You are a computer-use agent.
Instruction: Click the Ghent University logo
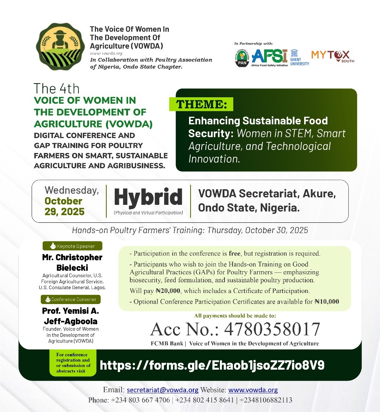(x=300, y=58)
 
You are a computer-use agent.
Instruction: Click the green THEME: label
(x=201, y=104)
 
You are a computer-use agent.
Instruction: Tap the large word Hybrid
(x=148, y=198)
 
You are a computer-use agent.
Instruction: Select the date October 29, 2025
(x=64, y=206)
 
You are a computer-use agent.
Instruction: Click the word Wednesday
(x=71, y=190)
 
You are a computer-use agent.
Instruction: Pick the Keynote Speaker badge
(x=72, y=246)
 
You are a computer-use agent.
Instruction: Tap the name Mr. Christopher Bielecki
(x=72, y=262)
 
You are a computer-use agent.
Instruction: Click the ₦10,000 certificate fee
(x=327, y=302)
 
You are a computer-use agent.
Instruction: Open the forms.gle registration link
(x=212, y=365)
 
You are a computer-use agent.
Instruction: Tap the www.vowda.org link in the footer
(x=253, y=390)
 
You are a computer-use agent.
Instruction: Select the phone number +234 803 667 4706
(x=141, y=400)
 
